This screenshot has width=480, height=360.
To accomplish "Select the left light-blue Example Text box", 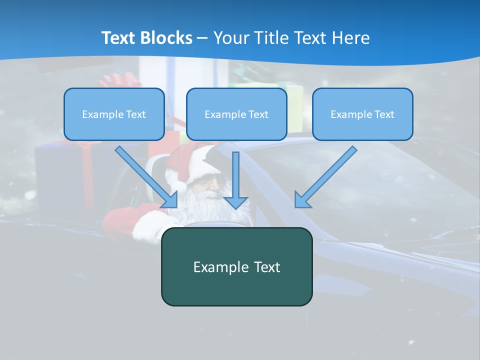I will click(x=114, y=114).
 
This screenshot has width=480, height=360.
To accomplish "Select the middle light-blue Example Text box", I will click(x=236, y=114).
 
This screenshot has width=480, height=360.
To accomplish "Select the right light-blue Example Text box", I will click(x=362, y=114).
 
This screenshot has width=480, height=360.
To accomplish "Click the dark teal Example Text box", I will click(x=236, y=266).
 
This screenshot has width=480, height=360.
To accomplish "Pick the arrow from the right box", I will click(x=325, y=177).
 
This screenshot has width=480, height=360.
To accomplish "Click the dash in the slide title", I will click(x=202, y=38).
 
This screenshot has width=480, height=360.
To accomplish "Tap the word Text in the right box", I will click(x=384, y=114).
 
